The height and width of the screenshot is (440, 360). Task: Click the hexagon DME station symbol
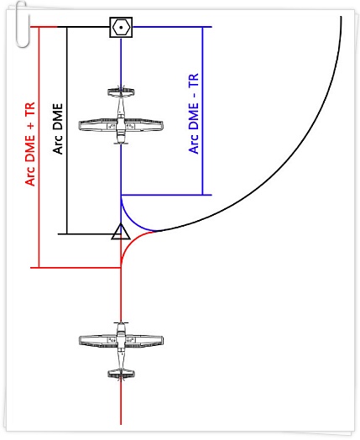tap(121, 27)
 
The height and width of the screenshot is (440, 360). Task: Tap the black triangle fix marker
tap(121, 232)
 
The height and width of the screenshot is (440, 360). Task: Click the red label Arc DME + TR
tap(30, 144)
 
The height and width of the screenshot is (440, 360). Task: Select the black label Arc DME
tap(58, 128)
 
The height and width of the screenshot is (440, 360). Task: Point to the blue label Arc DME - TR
tap(194, 113)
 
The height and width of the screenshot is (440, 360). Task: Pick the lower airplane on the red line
tap(121, 351)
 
